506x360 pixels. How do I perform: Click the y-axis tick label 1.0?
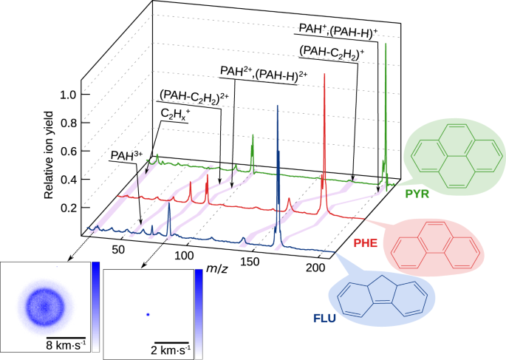69,95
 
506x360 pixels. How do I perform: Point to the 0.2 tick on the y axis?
69,208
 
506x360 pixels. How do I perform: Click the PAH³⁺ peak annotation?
123,155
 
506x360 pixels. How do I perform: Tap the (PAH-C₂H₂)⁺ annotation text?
331,52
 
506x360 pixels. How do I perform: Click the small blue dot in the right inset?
148,315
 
